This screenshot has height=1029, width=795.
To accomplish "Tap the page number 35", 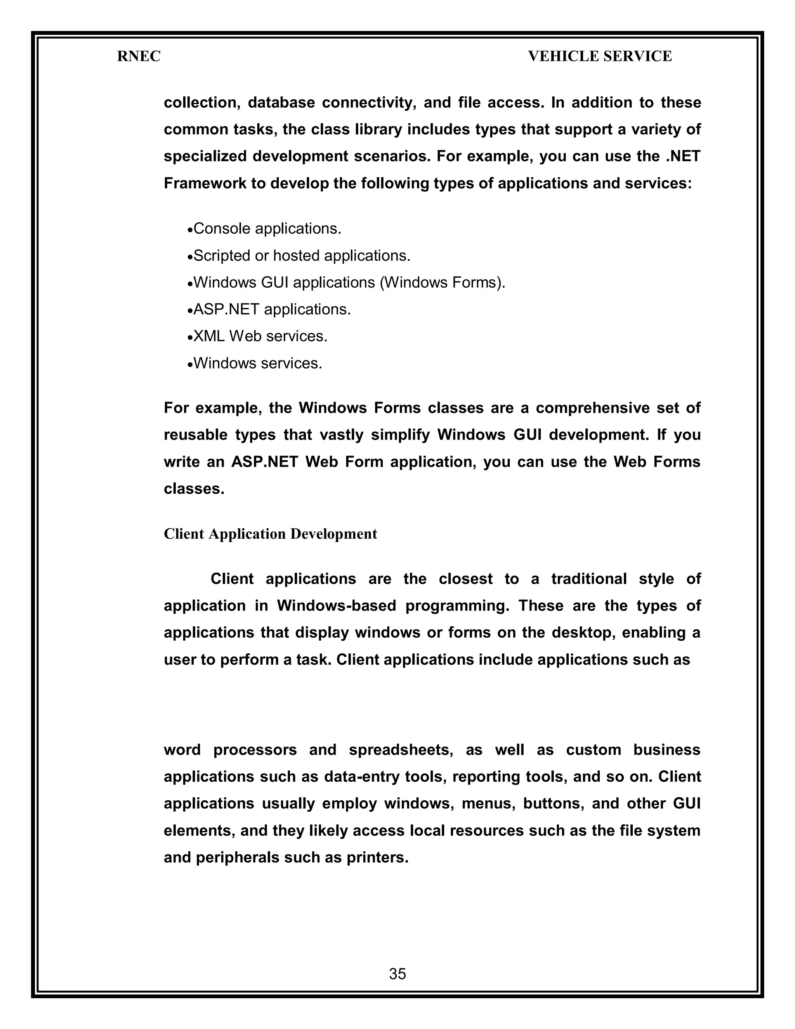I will pyautogui.click(x=397, y=973).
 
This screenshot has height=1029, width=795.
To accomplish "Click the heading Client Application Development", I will pyautogui.click(x=270, y=534).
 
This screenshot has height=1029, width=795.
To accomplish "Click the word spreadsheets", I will pyautogui.click(x=401, y=749).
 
